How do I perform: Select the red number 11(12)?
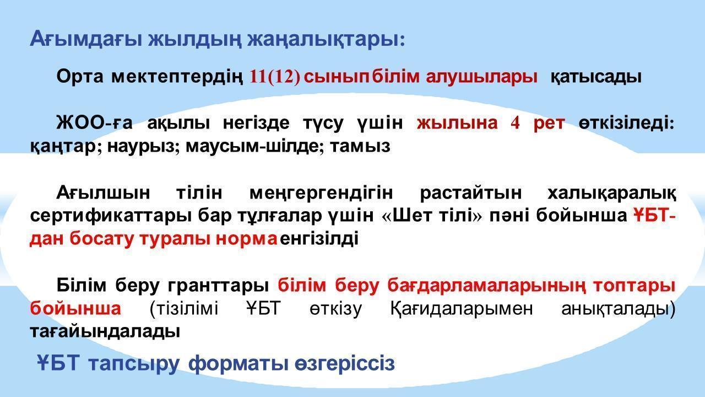(275, 77)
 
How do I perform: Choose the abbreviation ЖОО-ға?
(94, 123)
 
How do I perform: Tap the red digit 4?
(515, 123)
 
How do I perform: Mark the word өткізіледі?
(626, 123)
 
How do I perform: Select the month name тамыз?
(360, 147)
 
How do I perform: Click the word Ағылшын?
(104, 193)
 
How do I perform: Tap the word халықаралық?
(611, 193)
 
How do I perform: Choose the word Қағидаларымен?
(462, 308)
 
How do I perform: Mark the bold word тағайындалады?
(105, 332)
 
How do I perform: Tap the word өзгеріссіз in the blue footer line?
(345, 363)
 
